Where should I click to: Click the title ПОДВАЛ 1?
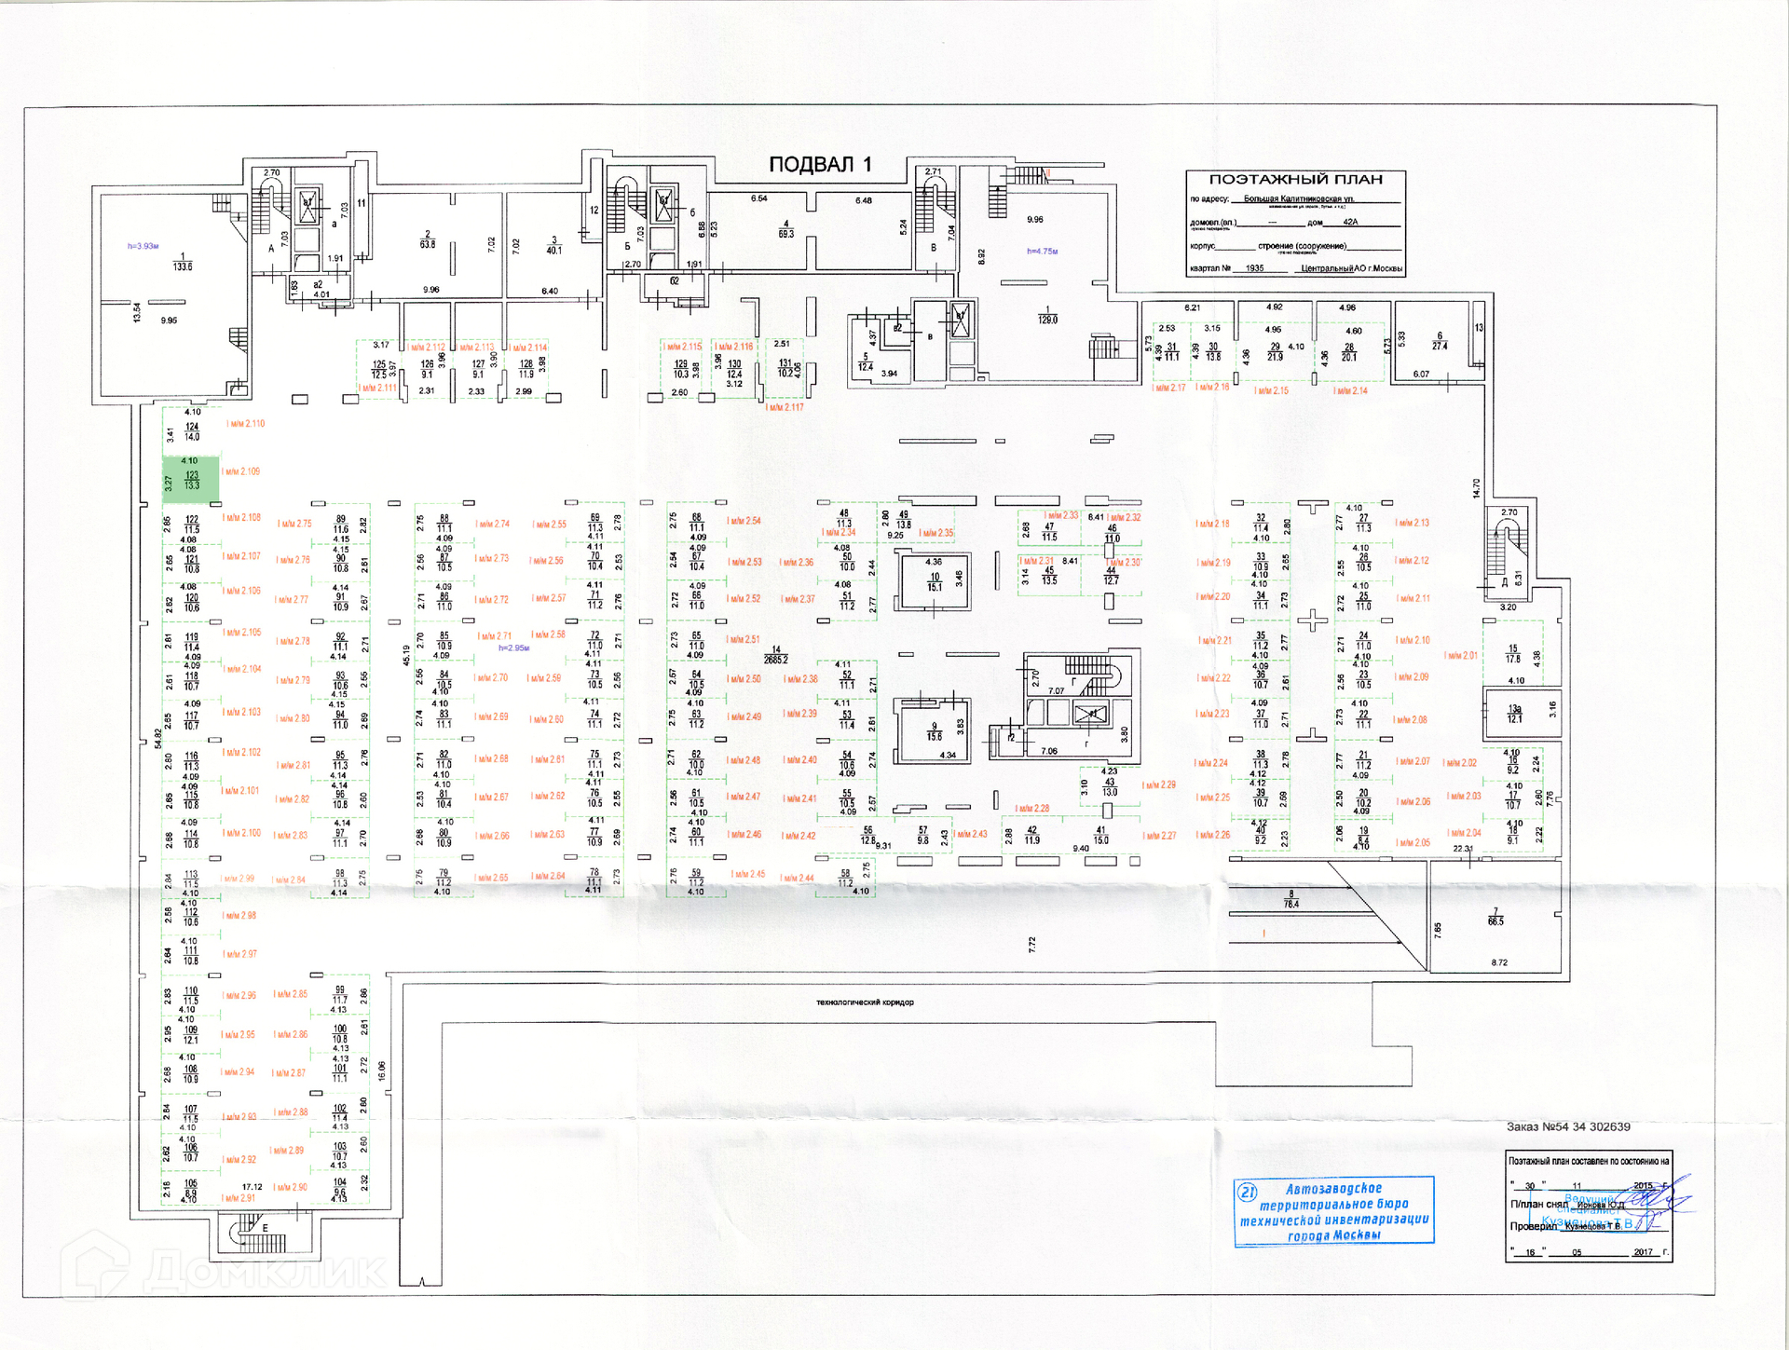(x=820, y=165)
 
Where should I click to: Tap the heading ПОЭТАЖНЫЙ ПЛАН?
(x=1295, y=180)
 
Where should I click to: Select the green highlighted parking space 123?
(x=191, y=479)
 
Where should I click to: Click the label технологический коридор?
(x=865, y=1002)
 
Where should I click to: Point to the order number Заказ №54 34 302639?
(x=1568, y=1126)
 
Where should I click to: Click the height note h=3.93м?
(x=143, y=246)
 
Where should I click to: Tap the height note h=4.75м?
(x=1042, y=252)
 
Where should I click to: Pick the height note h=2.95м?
(x=513, y=648)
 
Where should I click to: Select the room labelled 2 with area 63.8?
(x=428, y=239)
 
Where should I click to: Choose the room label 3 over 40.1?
(x=553, y=245)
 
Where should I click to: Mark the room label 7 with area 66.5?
(x=1495, y=917)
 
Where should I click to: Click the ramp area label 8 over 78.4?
(x=1291, y=899)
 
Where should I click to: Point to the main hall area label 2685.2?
(x=775, y=655)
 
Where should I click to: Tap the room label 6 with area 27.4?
(x=1440, y=341)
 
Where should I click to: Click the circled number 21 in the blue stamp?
(x=1247, y=1192)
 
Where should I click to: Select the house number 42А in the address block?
(x=1350, y=223)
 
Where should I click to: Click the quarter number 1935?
(x=1254, y=268)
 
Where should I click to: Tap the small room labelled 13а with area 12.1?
(x=1515, y=714)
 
